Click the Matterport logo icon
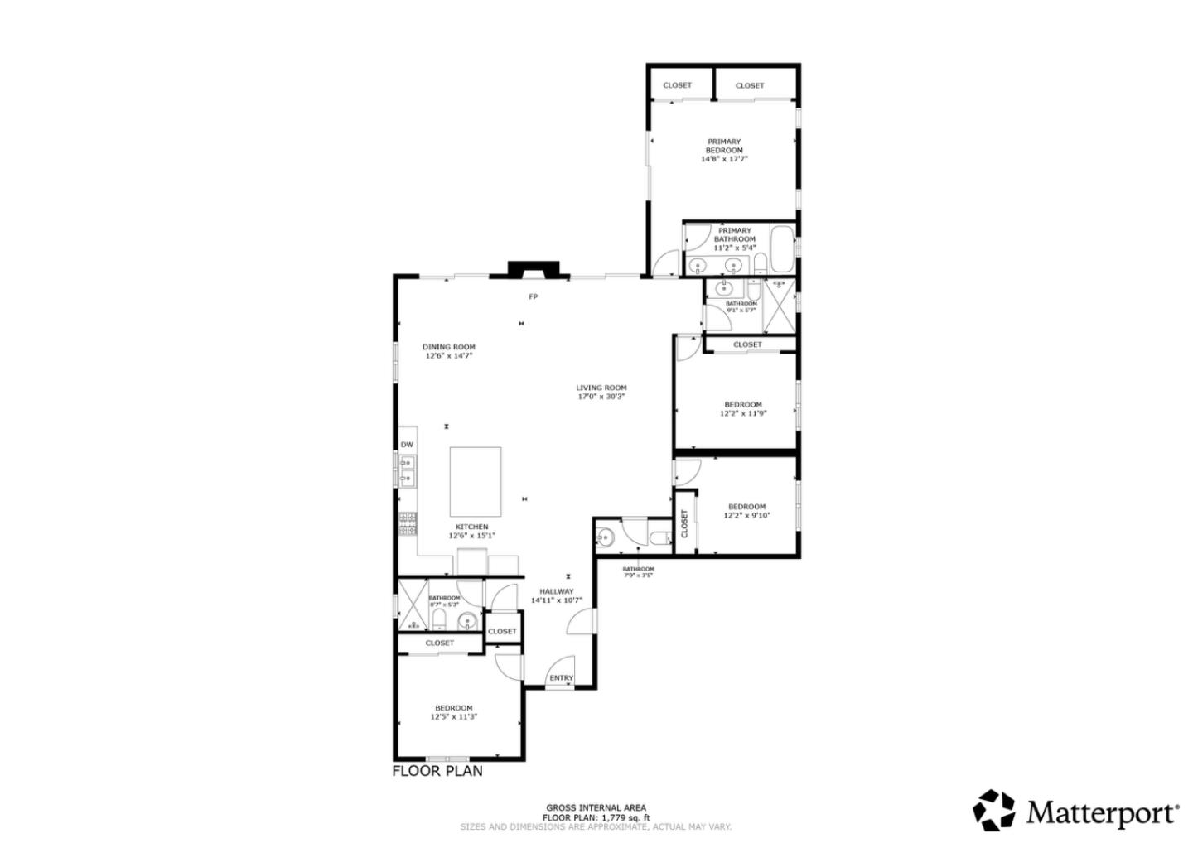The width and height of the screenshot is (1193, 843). (x=993, y=810)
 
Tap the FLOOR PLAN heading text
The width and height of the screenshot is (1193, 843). (x=437, y=771)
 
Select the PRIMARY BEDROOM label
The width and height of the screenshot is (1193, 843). (x=724, y=146)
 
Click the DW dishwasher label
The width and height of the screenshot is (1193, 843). (x=407, y=445)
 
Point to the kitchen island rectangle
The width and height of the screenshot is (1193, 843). (x=476, y=482)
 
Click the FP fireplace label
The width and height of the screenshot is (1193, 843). (x=534, y=296)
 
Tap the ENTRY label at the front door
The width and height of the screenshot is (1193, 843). (x=561, y=678)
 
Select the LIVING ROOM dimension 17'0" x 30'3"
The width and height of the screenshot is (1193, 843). (x=601, y=397)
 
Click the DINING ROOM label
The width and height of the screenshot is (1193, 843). (x=449, y=347)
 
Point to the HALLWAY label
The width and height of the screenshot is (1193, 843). (x=557, y=591)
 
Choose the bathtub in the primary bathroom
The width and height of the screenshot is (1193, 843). (x=781, y=248)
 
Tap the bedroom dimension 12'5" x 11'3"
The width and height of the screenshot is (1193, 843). (x=454, y=717)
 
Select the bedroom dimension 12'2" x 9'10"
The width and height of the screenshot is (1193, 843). (x=746, y=515)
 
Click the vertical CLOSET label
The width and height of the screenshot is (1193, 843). (x=684, y=523)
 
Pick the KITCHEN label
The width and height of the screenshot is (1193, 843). (x=471, y=527)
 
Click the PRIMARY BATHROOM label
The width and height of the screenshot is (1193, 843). (x=735, y=235)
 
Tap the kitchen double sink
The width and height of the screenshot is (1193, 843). (x=407, y=470)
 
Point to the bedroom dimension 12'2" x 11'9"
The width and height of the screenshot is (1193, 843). (x=742, y=413)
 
